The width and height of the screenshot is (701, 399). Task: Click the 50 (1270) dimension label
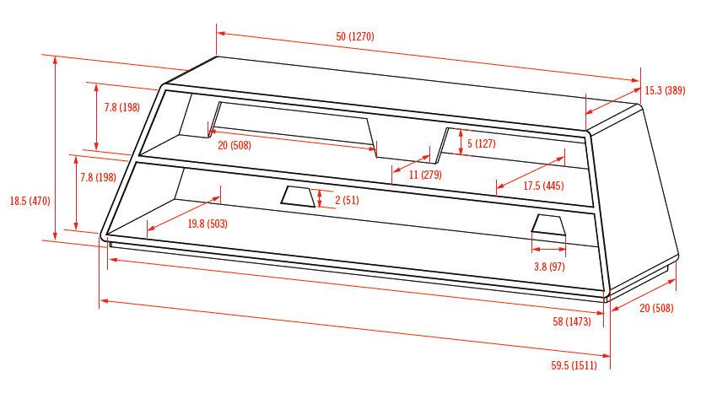coord(354,36)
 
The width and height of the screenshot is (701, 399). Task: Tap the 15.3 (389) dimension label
coord(665,90)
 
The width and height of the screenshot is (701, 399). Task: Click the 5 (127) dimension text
coord(482,143)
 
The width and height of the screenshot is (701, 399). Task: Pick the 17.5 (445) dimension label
coord(542,186)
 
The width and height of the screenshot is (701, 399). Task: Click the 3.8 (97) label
coord(549,267)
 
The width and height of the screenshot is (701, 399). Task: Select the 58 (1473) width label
coord(573,321)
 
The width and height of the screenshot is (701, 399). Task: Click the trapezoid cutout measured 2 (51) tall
coord(296,197)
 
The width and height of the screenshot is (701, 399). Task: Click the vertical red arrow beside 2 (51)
coord(320,199)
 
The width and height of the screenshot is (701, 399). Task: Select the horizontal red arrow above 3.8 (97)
coord(548,250)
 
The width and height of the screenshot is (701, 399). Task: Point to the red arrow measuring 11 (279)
coord(413,162)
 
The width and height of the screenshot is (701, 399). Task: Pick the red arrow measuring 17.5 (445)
coord(530,171)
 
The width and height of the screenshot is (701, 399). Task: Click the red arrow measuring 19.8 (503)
coord(183,213)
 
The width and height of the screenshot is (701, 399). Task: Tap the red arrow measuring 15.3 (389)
coord(612,94)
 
